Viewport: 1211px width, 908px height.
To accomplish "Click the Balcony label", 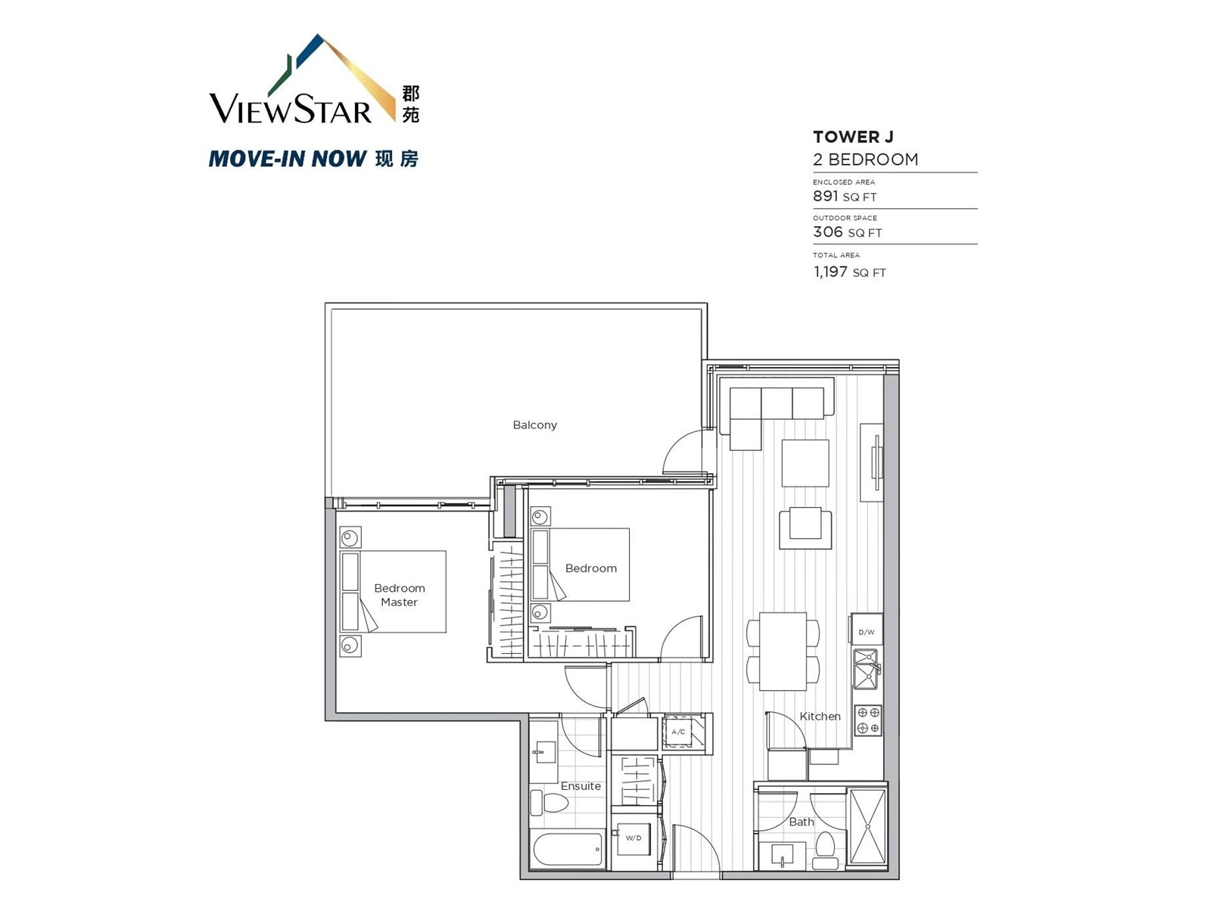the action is tap(534, 425).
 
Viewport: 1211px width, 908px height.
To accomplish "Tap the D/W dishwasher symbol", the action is tap(866, 629).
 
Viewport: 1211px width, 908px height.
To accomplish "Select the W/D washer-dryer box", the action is tap(634, 838).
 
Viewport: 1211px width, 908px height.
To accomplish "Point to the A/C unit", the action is tap(678, 732).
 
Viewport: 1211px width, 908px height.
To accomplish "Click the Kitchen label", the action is tap(820, 716).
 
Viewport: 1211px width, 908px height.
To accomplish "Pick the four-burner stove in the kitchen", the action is tap(868, 720).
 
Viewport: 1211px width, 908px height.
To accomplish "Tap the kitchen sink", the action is tap(866, 670).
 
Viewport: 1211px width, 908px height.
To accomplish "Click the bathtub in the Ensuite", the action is tap(568, 849).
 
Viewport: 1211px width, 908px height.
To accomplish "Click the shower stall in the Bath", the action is tap(867, 827).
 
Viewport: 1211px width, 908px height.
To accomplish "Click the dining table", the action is tap(783, 651).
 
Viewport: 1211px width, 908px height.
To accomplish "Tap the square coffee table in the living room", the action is tap(805, 463).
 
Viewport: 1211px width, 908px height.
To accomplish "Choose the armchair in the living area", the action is tap(805, 527).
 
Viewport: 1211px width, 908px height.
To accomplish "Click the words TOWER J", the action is tap(853, 137).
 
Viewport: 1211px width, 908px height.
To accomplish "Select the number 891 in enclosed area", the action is tap(825, 196).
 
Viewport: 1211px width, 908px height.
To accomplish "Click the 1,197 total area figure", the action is tap(830, 271).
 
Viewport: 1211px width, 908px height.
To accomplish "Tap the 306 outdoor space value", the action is tap(827, 232).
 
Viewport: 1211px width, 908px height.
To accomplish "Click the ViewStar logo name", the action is tap(291, 109).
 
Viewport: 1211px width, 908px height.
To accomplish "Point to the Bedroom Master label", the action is tap(400, 595).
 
